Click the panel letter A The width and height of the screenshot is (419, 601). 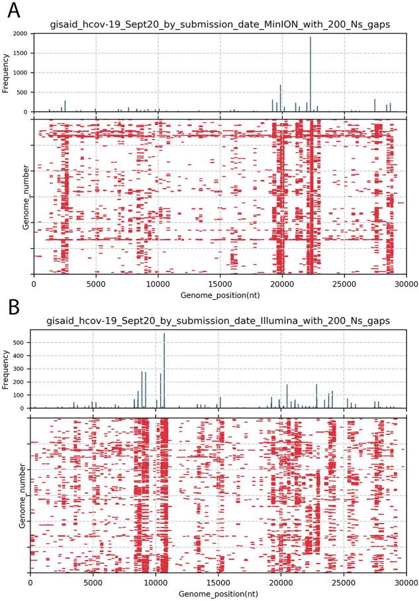tap(12, 12)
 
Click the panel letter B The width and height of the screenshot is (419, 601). tap(11, 307)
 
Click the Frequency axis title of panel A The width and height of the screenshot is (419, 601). tap(6, 73)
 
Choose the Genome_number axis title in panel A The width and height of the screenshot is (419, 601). tap(25, 197)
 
